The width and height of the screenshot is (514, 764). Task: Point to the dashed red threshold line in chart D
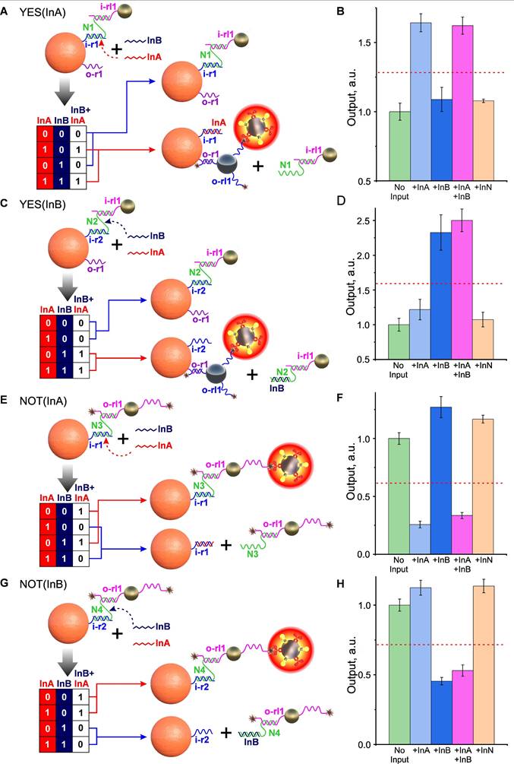click(x=441, y=284)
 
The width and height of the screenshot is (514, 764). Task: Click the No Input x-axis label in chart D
click(x=399, y=373)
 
